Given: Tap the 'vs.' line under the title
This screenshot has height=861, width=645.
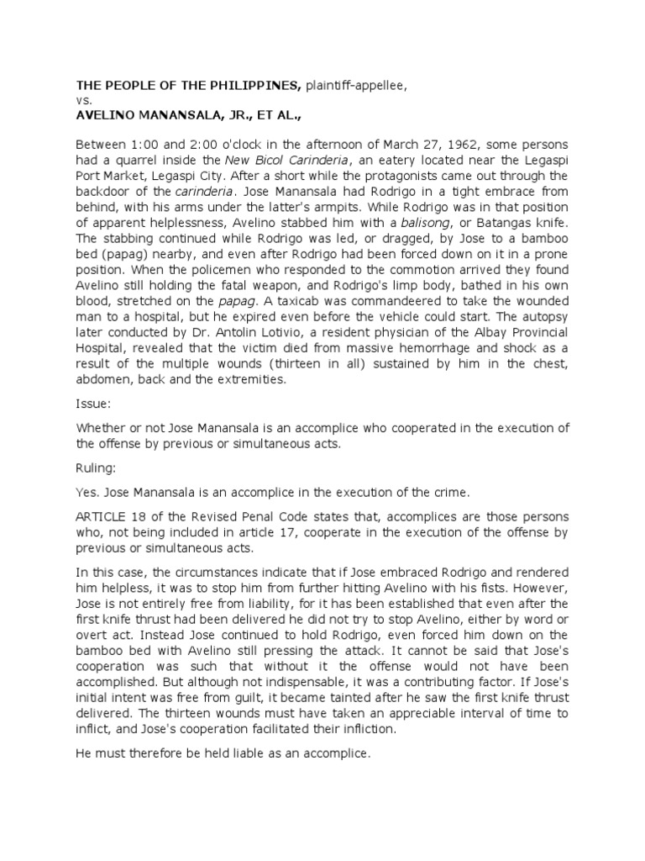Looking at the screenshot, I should click(83, 100).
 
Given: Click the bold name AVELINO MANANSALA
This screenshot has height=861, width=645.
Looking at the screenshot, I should click(155, 115).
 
